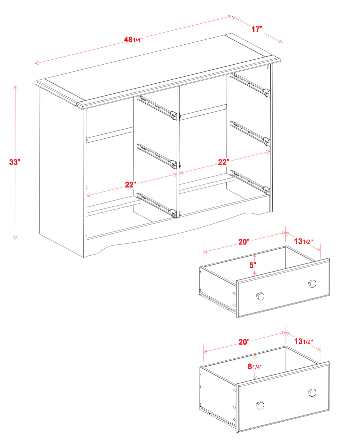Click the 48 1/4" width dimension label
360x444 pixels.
tap(133, 39)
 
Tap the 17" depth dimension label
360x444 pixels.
tap(257, 29)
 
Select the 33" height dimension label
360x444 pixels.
tap(15, 162)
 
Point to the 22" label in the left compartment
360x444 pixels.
tap(130, 185)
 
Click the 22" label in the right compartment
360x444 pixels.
tap(224, 162)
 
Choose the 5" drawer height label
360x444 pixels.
tap(253, 265)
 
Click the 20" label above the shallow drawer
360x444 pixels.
tap(244, 242)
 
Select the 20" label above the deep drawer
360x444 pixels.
tap(244, 342)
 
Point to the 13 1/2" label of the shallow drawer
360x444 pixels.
tap(303, 241)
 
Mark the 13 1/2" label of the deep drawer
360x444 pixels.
tap(303, 341)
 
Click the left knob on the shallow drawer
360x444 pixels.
tap(260, 296)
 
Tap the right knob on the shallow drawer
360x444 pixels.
tap(312, 283)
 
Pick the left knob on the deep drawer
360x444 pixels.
tap(260, 405)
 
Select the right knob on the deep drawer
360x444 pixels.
tap(312, 392)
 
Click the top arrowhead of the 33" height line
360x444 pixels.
tap(15, 87)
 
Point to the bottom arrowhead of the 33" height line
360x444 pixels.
tap(15, 237)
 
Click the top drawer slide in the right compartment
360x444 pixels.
tap(250, 85)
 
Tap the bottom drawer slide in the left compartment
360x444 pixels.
tap(157, 205)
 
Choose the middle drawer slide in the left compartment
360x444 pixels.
tap(157, 156)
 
